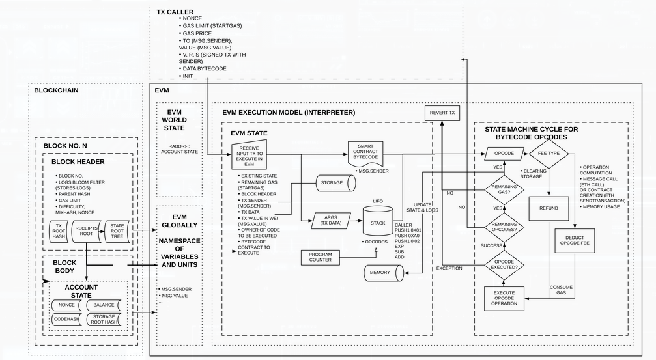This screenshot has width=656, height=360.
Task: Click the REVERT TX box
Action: (442, 113)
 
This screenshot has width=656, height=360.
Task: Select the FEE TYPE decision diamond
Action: (548, 154)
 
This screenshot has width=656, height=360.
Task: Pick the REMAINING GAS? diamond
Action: (496, 189)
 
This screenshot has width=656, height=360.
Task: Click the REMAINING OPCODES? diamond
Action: (496, 227)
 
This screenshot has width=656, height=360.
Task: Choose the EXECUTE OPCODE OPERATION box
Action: (505, 298)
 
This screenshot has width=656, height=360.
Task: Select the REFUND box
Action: (549, 208)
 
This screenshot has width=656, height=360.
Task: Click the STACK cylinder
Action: (378, 222)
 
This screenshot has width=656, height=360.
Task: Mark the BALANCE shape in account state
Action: (104, 305)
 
